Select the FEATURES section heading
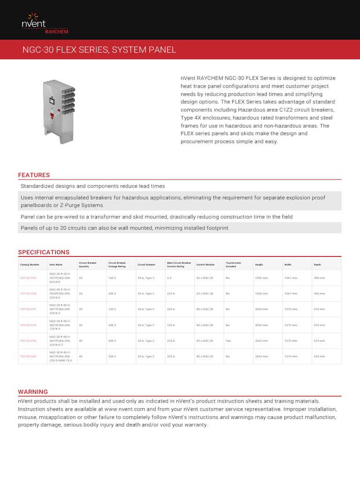coord(34,175)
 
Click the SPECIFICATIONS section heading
coord(44,252)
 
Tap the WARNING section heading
coord(33,392)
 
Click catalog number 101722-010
coord(28,278)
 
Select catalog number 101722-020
coord(28,356)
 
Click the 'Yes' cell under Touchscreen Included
coord(228,341)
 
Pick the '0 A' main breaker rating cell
coord(169,278)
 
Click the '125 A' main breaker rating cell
coord(171,325)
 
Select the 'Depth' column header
coord(317,265)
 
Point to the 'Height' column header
coord(259,265)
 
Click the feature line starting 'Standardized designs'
coord(93,186)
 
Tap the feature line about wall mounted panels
coord(125,228)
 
